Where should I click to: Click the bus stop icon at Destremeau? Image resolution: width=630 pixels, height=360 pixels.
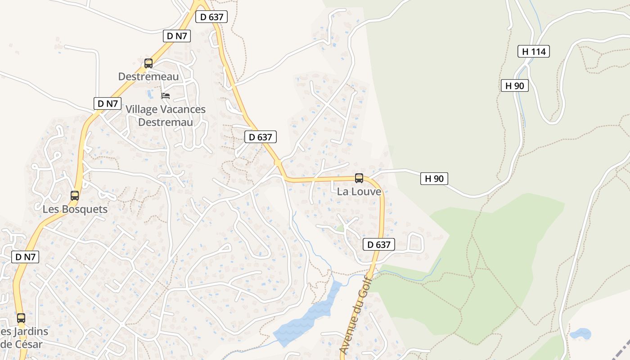(148, 63)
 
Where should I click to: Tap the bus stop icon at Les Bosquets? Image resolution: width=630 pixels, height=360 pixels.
(75, 196)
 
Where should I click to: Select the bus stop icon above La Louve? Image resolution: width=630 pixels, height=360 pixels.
(359, 178)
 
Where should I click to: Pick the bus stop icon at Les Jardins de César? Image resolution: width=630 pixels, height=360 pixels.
(21, 318)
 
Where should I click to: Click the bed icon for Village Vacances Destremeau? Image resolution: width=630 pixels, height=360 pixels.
(166, 96)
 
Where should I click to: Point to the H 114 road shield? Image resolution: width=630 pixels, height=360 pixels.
(534, 51)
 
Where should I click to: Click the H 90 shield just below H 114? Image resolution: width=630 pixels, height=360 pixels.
(515, 85)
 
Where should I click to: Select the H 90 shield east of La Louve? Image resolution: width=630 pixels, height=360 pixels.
(434, 179)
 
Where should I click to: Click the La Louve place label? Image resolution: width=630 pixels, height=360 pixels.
(359, 192)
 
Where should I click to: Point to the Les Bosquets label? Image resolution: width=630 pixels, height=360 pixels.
(75, 209)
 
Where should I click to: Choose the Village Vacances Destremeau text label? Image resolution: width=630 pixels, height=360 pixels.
(166, 116)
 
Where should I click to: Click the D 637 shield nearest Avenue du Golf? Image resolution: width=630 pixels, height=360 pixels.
(379, 244)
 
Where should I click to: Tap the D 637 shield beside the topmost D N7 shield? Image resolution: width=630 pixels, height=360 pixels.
(211, 17)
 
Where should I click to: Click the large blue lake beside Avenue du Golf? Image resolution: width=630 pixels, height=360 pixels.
(310, 315)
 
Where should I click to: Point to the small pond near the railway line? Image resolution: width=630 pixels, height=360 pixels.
(580, 334)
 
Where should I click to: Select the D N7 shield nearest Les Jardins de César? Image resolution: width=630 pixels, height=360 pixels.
(25, 257)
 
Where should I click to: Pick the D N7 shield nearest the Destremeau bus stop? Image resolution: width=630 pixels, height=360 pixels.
(177, 36)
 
